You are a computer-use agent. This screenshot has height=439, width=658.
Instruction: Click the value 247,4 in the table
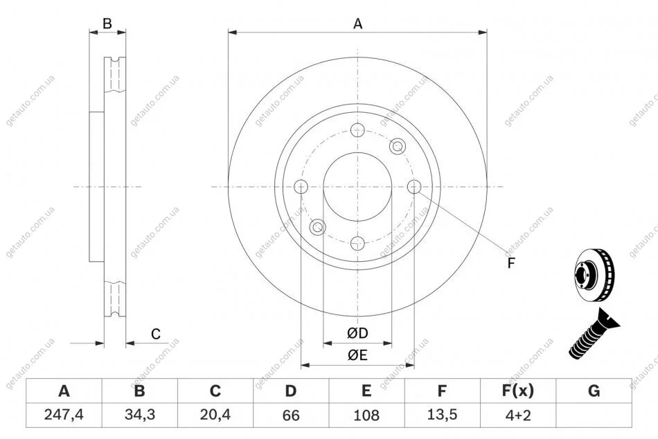[x=64, y=415]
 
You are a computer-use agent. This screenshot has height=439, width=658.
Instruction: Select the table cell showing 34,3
[x=140, y=415]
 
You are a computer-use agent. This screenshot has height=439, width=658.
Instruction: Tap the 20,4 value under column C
[x=215, y=415]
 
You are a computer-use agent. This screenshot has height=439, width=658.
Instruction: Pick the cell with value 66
[x=291, y=415]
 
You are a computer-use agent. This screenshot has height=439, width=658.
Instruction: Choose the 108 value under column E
[x=366, y=415]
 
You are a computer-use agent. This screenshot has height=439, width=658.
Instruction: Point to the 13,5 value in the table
[x=442, y=415]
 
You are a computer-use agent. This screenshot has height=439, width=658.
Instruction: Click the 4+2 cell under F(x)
[x=518, y=415]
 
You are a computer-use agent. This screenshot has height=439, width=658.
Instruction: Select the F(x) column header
[x=518, y=391]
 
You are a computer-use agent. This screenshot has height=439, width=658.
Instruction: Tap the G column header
[x=594, y=391]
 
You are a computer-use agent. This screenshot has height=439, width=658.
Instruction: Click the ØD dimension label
[x=357, y=333]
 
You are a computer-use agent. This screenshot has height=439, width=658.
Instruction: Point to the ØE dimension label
[x=357, y=355]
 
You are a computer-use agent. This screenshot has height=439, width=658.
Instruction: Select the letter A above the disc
[x=357, y=24]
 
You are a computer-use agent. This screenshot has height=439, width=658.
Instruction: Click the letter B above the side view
[x=107, y=24]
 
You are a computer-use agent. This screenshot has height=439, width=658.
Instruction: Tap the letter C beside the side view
[x=156, y=334]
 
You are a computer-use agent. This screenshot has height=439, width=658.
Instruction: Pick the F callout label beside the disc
[x=511, y=263]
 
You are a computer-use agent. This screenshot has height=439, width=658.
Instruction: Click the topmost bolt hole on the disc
[x=357, y=130]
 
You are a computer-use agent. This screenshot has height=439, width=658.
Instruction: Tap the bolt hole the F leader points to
[x=414, y=187]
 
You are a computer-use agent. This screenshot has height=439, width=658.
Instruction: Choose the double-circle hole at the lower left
[x=318, y=227]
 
